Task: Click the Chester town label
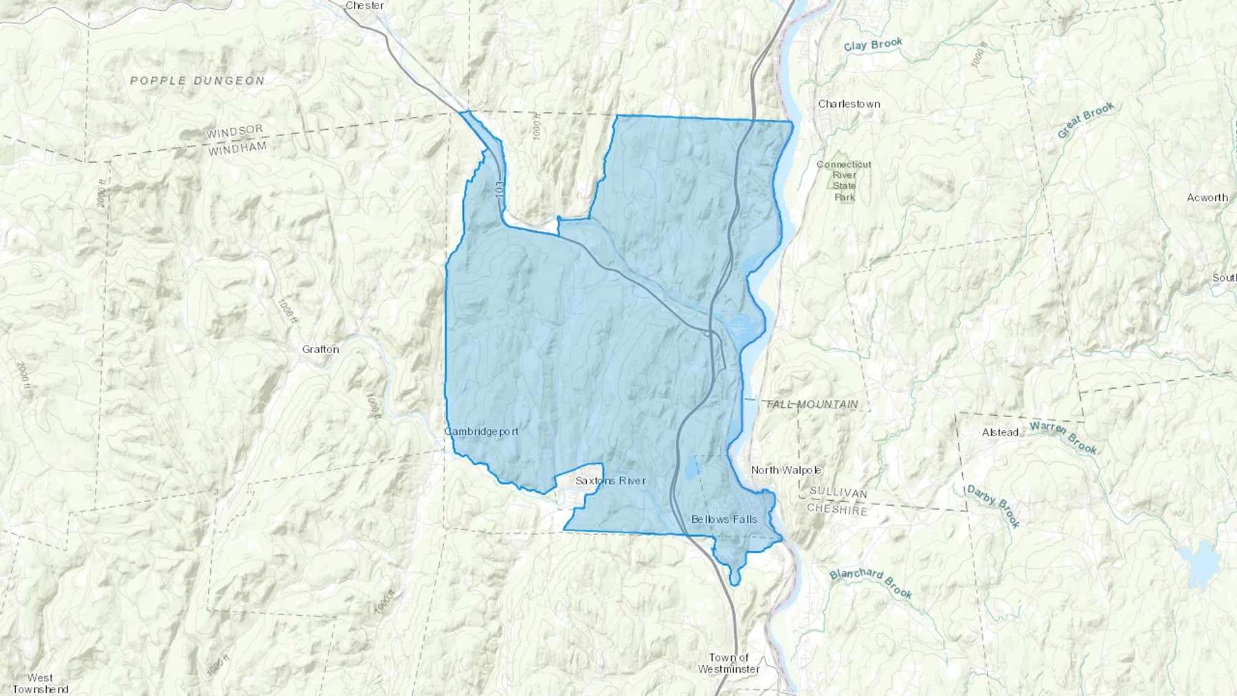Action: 365,5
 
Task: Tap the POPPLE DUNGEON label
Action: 197,80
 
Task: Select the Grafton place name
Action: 320,349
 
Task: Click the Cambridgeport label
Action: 481,431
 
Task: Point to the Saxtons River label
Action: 610,480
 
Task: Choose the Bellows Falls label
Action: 724,519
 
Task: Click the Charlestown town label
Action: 849,104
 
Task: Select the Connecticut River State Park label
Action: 844,181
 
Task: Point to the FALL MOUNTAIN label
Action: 812,404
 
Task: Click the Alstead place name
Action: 1000,432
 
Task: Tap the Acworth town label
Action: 1207,197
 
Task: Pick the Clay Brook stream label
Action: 873,45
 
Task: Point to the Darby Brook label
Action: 993,506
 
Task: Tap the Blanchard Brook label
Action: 870,583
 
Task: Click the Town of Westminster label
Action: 728,663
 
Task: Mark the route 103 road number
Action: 500,190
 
